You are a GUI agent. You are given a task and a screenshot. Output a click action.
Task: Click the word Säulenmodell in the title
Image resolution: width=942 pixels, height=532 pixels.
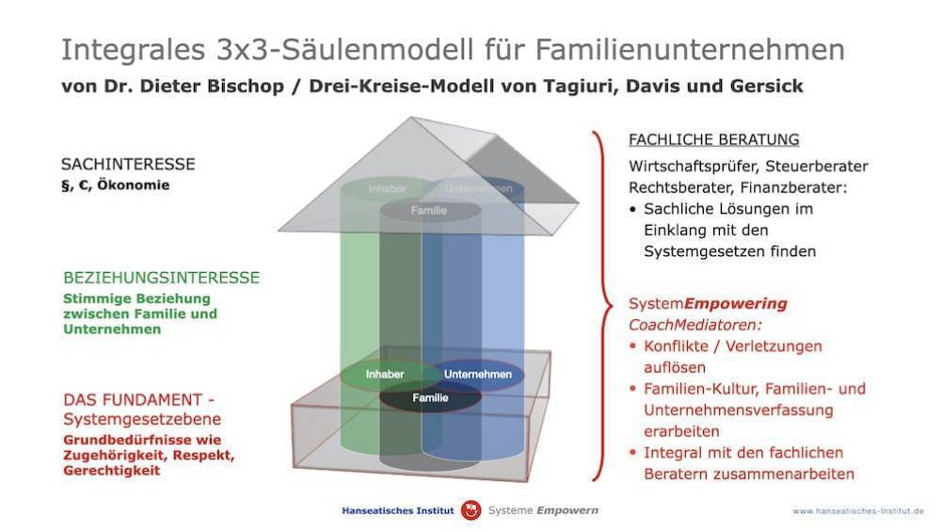tap(377, 49)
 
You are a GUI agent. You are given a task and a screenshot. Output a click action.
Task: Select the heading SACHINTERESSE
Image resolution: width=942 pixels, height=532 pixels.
tap(128, 164)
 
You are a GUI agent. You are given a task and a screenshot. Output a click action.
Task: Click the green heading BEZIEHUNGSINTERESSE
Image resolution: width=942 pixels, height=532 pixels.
tap(162, 278)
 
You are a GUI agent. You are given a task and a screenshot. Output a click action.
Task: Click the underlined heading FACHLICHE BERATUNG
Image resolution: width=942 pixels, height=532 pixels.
tap(713, 139)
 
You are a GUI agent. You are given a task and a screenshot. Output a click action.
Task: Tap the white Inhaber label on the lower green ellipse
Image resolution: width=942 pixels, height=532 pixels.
tap(385, 374)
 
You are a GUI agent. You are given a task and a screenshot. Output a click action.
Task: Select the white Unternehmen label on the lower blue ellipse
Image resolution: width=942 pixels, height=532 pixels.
tap(478, 374)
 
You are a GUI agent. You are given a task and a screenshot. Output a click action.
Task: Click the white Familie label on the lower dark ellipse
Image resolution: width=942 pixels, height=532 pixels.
tap(430, 398)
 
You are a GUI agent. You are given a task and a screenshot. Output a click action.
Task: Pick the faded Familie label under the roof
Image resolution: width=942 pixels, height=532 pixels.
tap(429, 210)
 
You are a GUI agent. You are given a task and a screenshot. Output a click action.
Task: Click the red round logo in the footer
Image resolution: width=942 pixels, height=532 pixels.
tap(471, 510)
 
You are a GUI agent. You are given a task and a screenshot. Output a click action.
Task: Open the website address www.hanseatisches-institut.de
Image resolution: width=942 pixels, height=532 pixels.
tap(858, 511)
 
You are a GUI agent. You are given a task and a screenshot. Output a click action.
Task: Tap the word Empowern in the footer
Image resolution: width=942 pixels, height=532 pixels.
tap(567, 510)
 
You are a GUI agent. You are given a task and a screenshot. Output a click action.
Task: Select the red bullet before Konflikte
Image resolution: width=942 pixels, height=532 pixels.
tap(632, 346)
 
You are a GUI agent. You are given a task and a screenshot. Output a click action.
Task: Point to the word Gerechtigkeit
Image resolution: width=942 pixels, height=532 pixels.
tap(112, 471)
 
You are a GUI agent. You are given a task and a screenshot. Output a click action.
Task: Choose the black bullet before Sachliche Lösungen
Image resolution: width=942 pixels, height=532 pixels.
tap(632, 209)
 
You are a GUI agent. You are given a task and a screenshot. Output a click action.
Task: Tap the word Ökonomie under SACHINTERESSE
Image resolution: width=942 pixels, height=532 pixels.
tap(134, 185)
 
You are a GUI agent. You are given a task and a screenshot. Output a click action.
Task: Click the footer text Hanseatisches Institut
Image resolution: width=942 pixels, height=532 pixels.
tap(398, 511)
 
